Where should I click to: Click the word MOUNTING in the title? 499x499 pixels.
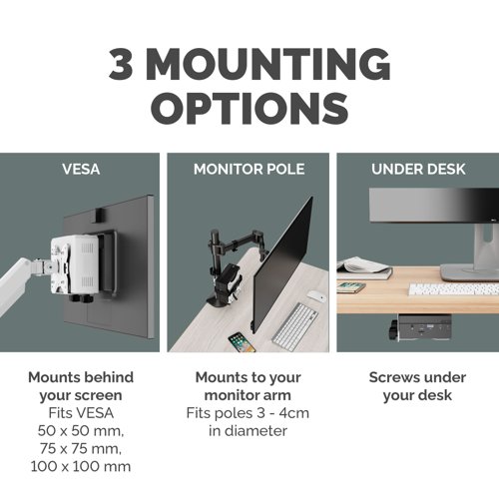267,64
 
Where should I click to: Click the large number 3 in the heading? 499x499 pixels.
122,64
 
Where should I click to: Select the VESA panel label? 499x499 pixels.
81,169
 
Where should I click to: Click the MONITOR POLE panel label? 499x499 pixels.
249,169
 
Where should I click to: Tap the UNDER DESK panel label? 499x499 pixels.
418,169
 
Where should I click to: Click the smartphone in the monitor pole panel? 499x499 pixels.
242,342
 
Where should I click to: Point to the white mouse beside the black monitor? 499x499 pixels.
315,295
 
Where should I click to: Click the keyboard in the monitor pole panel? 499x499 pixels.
294,326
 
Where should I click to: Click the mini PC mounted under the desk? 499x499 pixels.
421,327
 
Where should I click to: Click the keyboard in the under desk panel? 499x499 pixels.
453,289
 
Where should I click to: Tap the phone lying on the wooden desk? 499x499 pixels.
350,287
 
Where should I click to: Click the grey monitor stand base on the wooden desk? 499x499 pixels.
470,272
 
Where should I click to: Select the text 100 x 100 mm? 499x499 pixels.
81,466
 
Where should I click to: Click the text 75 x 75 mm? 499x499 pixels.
81,449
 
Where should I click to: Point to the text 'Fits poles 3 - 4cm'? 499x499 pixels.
248,413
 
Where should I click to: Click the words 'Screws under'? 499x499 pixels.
417,377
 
